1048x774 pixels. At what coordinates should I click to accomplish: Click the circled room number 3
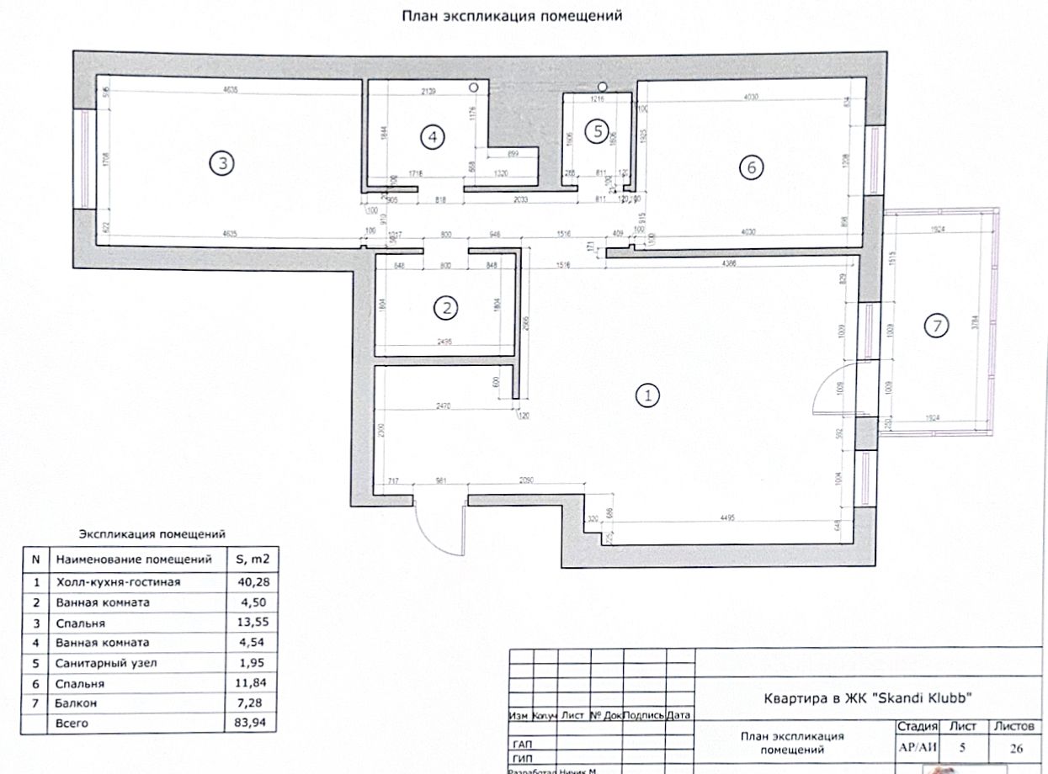221,164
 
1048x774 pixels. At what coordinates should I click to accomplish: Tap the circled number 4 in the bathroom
432,137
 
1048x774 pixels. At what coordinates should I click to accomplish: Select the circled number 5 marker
598,130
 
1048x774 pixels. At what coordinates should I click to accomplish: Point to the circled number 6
750,167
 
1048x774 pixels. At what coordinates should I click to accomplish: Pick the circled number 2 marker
445,308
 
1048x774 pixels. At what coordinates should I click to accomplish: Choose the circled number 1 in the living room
648,395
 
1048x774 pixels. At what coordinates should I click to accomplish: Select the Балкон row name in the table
75,702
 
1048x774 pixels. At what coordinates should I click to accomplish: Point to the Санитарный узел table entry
106,663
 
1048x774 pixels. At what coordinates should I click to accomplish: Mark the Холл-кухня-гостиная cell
118,582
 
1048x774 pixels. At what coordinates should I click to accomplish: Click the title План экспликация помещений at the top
511,16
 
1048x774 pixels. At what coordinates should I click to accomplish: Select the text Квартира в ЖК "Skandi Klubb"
868,697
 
